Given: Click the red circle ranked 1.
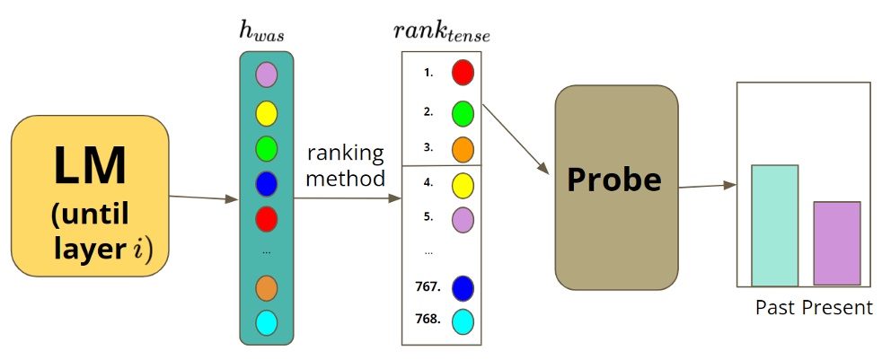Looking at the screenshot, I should [x=463, y=73].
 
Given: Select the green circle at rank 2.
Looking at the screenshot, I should [x=463, y=113].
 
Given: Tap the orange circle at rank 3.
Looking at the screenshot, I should [x=463, y=148].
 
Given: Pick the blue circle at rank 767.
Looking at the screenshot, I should [x=463, y=288].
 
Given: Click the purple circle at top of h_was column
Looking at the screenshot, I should [x=266, y=74].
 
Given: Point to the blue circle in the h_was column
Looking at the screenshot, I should [x=266, y=182].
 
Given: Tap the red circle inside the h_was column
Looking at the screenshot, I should [x=266, y=218].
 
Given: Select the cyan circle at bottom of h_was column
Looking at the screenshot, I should [x=266, y=321].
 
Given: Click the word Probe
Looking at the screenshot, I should [x=614, y=181].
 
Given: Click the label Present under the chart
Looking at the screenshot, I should [x=838, y=308].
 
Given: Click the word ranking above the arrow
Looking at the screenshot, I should [x=345, y=152].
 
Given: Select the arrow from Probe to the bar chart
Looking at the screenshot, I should [x=707, y=187].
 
